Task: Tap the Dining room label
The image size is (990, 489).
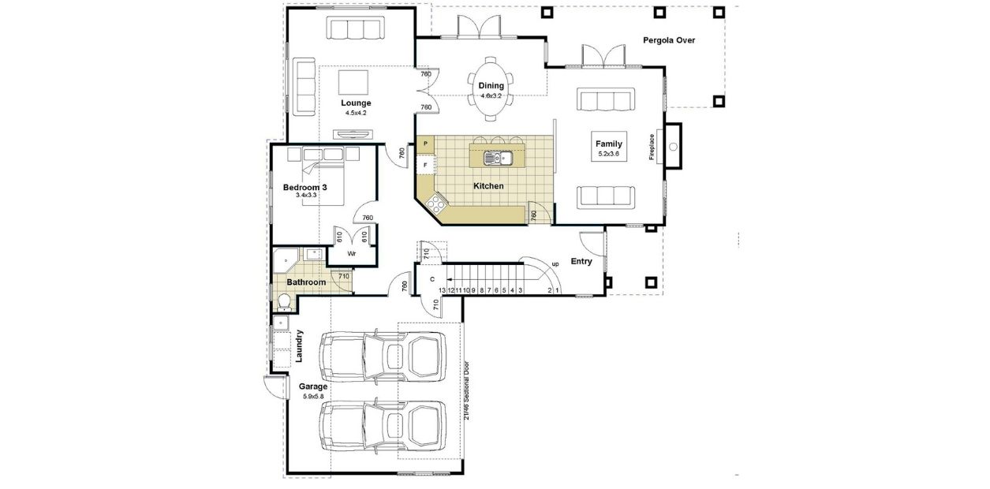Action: (491, 86)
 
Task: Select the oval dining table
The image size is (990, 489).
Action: (491, 88)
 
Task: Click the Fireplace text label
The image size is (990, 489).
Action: (652, 147)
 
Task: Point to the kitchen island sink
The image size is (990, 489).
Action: (498, 159)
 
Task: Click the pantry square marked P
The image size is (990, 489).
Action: (425, 144)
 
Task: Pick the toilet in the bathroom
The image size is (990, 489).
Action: (283, 302)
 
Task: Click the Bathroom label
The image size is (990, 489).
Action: (306, 282)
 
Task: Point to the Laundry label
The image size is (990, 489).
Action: (299, 346)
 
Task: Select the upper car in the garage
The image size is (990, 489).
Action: (382, 356)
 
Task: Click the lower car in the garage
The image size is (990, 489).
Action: (382, 427)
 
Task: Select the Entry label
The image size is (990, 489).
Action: (581, 262)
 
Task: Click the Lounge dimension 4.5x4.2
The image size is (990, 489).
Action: (356, 114)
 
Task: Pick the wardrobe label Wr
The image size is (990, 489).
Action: (352, 254)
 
